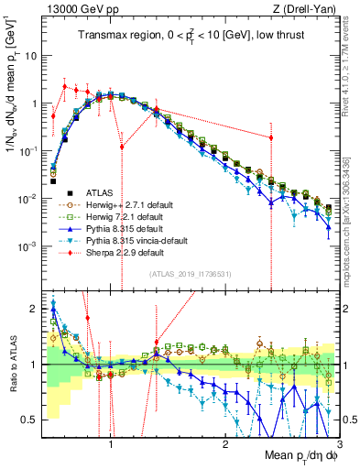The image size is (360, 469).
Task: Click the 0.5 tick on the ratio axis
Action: point(34,420)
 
